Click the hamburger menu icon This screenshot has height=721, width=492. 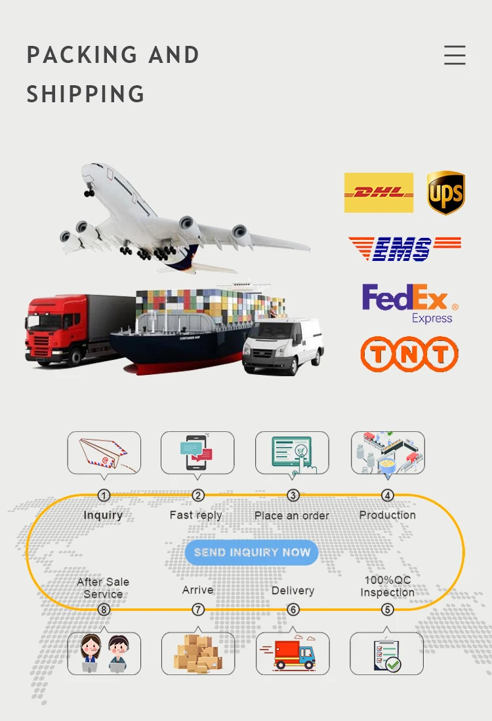tap(455, 55)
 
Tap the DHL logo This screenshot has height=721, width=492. tap(379, 193)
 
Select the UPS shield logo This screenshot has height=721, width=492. tap(446, 193)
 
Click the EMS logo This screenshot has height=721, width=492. tap(404, 248)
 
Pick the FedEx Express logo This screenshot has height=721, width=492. tap(409, 303)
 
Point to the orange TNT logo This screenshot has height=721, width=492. tap(409, 354)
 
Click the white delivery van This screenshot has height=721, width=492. tap(283, 345)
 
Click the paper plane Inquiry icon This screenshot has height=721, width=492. tap(104, 452)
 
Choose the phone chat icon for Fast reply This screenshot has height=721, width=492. tap(197, 452)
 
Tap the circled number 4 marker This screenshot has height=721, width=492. tap(388, 496)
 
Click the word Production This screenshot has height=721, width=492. tap(388, 515)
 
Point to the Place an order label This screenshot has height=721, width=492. tap(292, 516)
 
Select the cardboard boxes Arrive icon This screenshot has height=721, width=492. tap(197, 653)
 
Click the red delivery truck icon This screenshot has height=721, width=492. tap(292, 653)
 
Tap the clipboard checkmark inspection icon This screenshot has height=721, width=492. tap(386, 653)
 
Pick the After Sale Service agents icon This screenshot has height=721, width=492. tap(104, 653)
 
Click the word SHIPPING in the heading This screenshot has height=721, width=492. tap(85, 94)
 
